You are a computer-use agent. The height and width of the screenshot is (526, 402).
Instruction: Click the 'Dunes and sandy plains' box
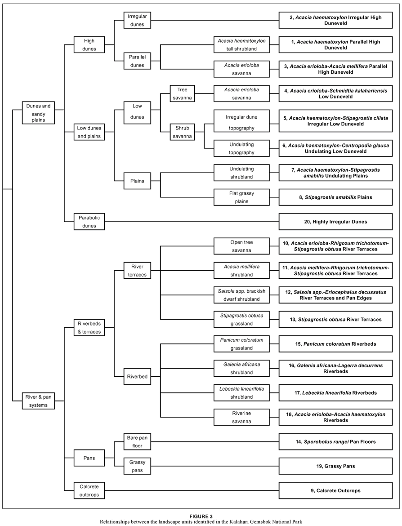(38, 112)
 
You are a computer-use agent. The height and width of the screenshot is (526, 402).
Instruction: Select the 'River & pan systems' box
(38, 401)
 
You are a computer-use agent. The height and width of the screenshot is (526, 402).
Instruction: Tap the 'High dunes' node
(89, 45)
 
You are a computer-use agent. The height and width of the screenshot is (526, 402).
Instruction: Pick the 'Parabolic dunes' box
(89, 222)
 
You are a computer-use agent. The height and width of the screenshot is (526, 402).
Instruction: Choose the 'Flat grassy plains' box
(241, 197)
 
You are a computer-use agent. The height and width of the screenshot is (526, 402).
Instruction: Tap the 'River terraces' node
(137, 270)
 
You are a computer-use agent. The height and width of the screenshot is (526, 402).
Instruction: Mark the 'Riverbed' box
(137, 377)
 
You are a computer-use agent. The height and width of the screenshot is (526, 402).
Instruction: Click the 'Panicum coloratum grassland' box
(241, 344)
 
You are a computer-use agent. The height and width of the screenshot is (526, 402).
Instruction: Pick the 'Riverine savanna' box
(241, 417)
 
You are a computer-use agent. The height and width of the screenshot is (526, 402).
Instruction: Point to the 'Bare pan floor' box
(137, 441)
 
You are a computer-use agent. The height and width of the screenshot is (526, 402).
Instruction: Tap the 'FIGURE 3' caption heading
(201, 516)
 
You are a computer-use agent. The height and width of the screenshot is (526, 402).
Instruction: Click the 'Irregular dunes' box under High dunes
(137, 20)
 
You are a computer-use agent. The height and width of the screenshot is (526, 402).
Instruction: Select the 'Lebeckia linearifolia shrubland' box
(241, 392)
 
